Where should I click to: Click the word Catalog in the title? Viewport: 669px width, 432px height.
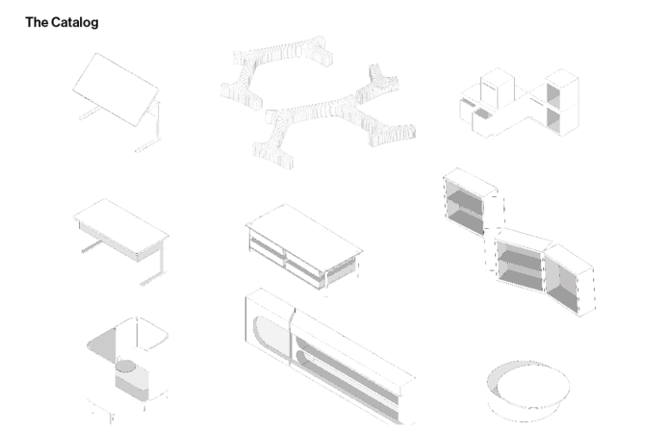pos(74,22)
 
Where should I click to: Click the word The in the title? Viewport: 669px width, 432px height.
pos(37,22)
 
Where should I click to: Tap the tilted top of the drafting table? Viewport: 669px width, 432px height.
pos(116,89)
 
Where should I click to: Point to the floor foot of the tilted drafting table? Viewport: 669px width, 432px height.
pos(147,145)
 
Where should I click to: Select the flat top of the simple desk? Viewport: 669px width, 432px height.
pos(121,225)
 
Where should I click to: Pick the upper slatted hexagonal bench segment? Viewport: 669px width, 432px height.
pos(276,70)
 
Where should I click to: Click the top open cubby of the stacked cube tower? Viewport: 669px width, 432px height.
pos(553,94)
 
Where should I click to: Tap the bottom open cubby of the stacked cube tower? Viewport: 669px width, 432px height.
pos(553,118)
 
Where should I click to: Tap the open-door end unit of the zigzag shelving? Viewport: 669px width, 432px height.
pos(570,279)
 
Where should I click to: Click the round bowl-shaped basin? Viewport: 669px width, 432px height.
pos(528,391)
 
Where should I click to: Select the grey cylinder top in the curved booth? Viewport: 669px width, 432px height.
pos(125,366)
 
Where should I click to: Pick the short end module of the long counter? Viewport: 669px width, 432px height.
pos(269,326)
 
